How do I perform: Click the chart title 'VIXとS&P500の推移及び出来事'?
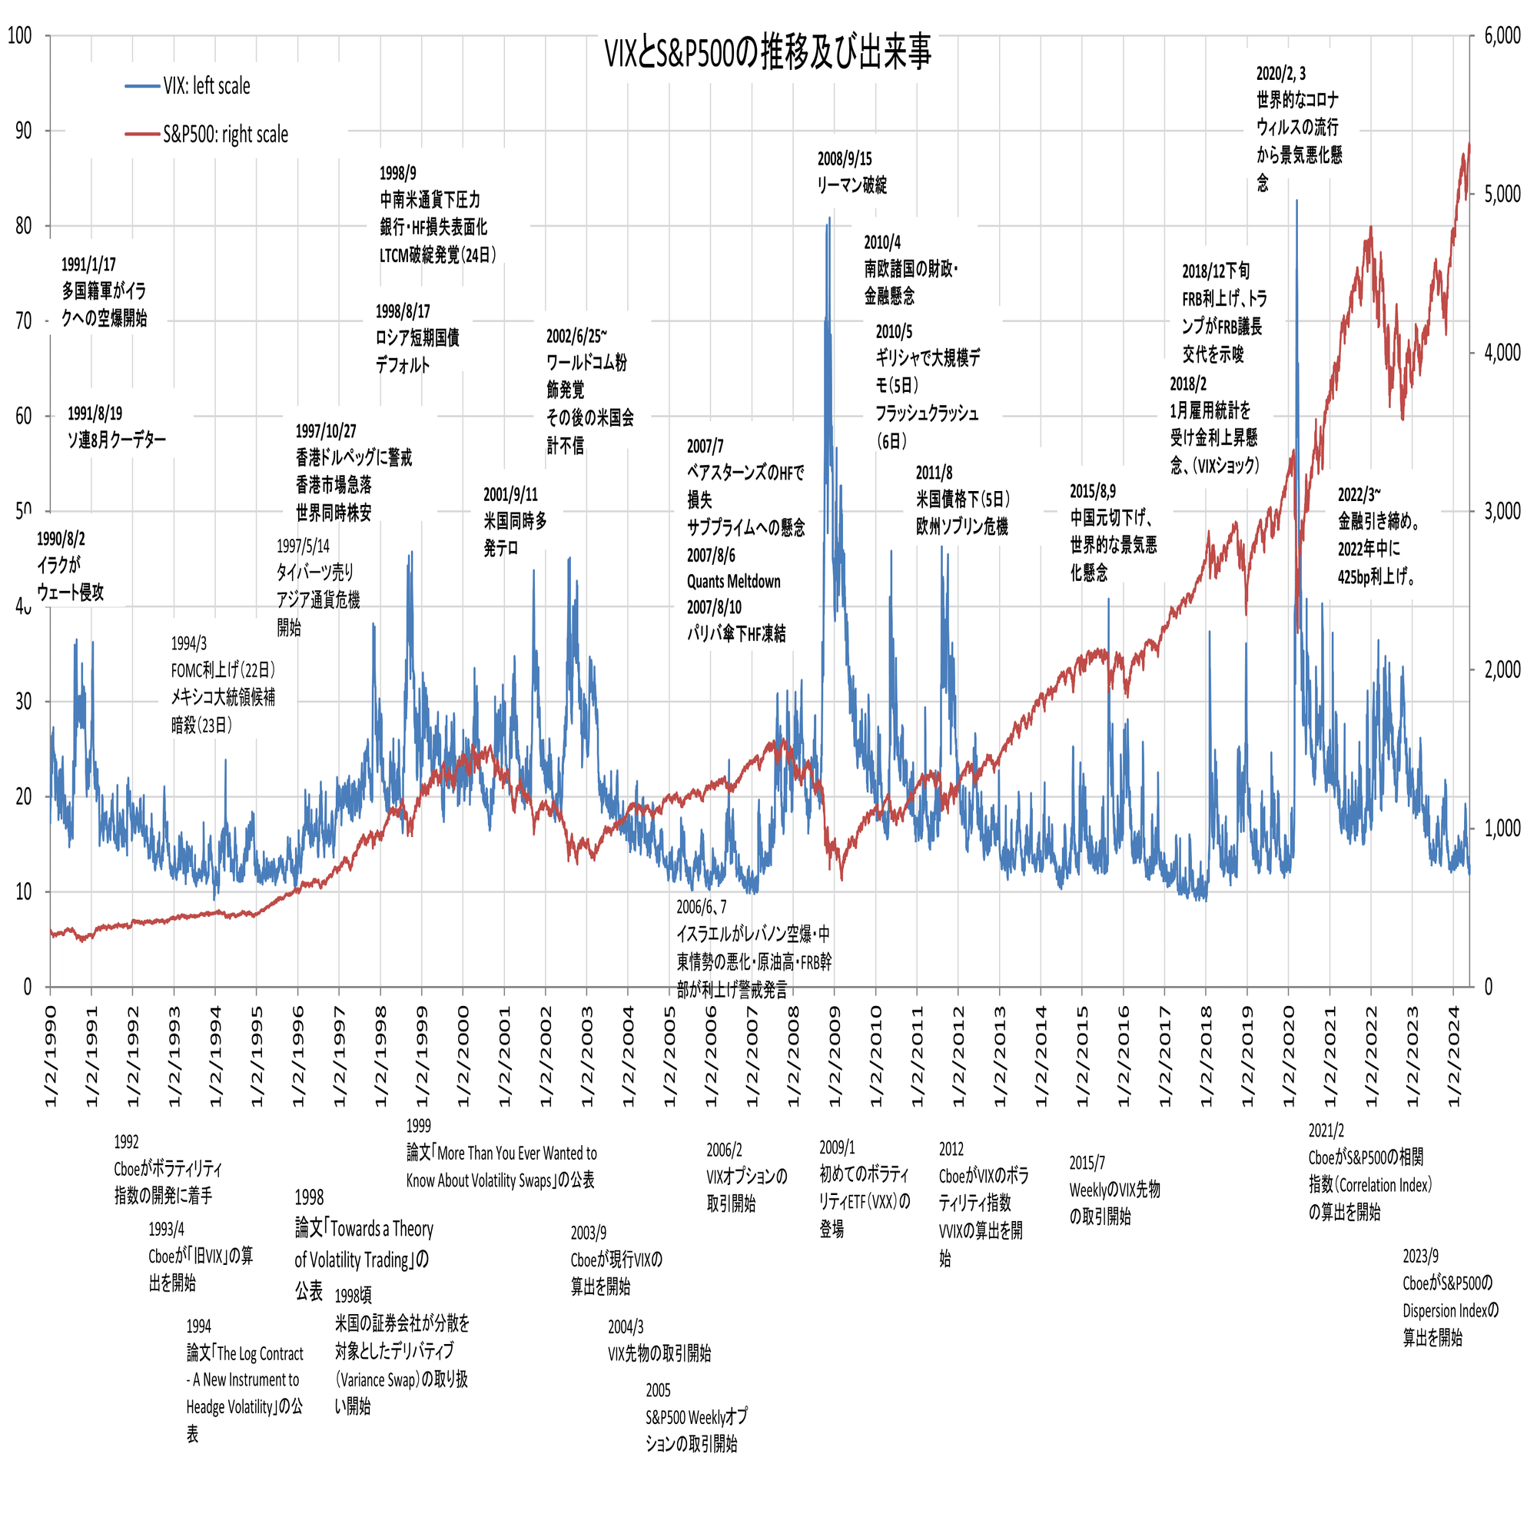(767, 52)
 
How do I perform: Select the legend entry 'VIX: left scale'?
(206, 86)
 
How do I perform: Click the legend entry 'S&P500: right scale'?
(225, 134)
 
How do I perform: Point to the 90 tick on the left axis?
(24, 131)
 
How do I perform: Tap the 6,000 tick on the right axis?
(1502, 36)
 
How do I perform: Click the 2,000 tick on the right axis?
(1502, 670)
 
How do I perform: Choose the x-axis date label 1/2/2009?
(835, 1056)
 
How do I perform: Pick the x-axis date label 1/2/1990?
(50, 1056)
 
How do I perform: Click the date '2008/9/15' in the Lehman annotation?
(844, 159)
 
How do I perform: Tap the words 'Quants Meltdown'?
(733, 582)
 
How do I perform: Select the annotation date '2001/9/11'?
(510, 495)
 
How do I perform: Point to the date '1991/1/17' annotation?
(88, 264)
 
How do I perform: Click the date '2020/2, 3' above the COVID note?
(1281, 74)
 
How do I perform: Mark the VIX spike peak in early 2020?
(1296, 202)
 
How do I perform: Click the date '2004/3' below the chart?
(626, 1327)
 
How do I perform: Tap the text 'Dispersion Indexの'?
(1450, 1310)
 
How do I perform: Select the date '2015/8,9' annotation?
(1092, 491)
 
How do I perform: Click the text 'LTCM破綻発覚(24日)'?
(437, 255)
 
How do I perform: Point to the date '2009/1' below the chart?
(837, 1147)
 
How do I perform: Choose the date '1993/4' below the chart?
(166, 1229)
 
